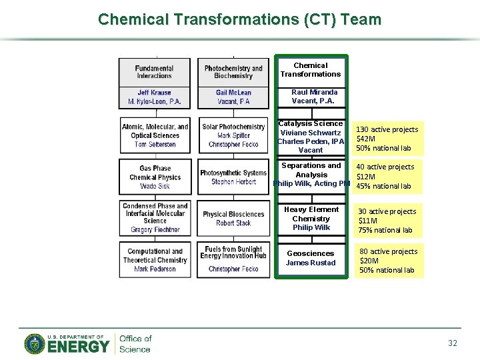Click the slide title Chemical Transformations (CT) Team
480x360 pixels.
pyautogui.click(x=239, y=19)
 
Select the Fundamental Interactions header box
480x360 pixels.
pyautogui.click(x=155, y=72)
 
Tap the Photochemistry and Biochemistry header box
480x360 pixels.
pyautogui.click(x=233, y=72)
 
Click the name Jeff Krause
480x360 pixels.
pyautogui.click(x=155, y=93)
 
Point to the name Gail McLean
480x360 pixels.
pyautogui.click(x=233, y=93)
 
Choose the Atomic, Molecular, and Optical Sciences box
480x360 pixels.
pyautogui.click(x=155, y=135)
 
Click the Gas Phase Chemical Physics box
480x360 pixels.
pyautogui.click(x=155, y=177)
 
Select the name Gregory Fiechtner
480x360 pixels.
pyautogui.click(x=155, y=230)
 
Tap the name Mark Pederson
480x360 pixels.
pyautogui.click(x=155, y=269)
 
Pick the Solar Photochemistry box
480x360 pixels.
pyautogui.click(x=233, y=135)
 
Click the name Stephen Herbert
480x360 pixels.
pyautogui.click(x=233, y=182)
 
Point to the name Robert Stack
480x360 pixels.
pyautogui.click(x=233, y=223)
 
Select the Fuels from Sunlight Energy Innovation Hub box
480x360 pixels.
pyautogui.click(x=233, y=259)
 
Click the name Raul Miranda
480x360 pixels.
pyautogui.click(x=314, y=92)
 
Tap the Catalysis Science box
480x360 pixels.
pyautogui.click(x=311, y=136)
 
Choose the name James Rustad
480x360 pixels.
pyautogui.click(x=311, y=263)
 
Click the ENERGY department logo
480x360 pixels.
pyautogui.click(x=67, y=344)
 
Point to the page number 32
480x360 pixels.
pyautogui.click(x=453, y=343)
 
